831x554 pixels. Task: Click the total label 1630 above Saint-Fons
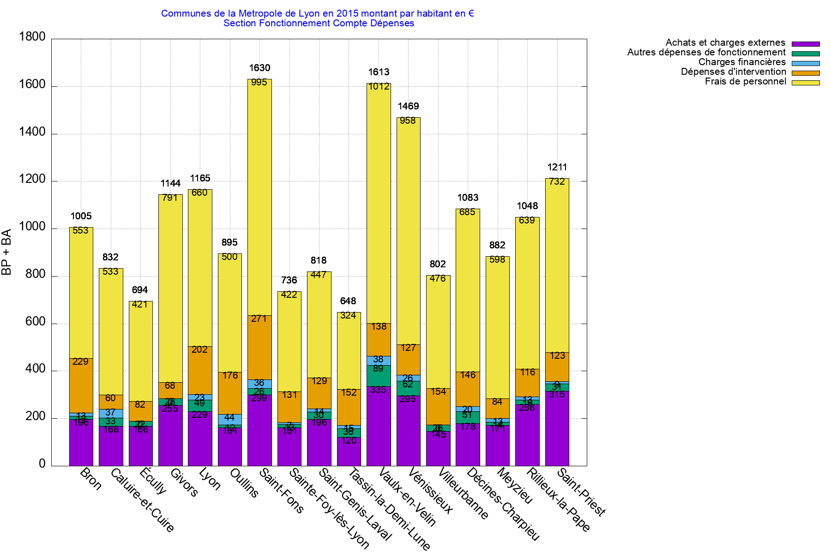(x=259, y=68)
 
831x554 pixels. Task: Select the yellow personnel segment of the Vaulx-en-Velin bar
(x=379, y=203)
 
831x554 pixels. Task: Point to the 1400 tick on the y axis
(x=32, y=132)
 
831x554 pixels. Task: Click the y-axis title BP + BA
(x=6, y=252)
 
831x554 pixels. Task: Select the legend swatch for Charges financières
(x=806, y=63)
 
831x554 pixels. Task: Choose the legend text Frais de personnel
(x=745, y=82)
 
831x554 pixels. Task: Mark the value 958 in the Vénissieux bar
(x=408, y=120)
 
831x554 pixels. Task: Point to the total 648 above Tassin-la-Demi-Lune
(x=348, y=301)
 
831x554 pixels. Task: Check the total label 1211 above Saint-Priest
(x=557, y=167)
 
